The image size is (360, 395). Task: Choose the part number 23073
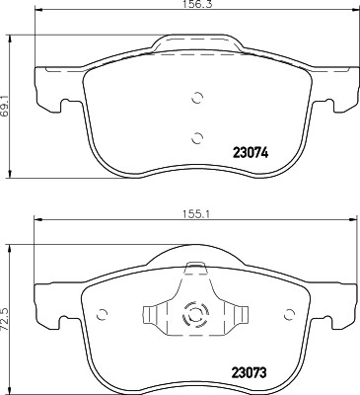point(250,371)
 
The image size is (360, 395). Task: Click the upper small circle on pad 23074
point(195,98)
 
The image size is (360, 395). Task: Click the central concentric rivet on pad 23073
point(195,317)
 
